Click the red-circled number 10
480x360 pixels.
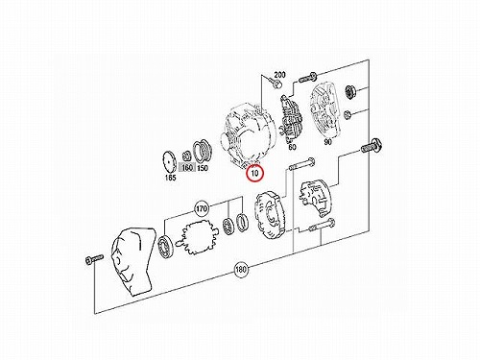(254, 174)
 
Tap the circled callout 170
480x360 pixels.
(202, 209)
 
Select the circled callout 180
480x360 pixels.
(241, 269)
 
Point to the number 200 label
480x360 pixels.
(279, 75)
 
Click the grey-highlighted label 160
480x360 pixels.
(187, 167)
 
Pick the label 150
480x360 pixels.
(203, 168)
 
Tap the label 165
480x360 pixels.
(170, 178)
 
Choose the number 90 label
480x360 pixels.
(327, 142)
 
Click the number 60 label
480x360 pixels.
(292, 147)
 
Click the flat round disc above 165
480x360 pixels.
(170, 162)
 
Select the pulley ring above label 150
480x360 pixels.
(201, 151)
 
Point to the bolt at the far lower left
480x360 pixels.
(94, 258)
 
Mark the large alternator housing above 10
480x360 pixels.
(248, 135)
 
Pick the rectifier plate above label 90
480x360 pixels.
(325, 108)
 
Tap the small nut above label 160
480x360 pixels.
(186, 156)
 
